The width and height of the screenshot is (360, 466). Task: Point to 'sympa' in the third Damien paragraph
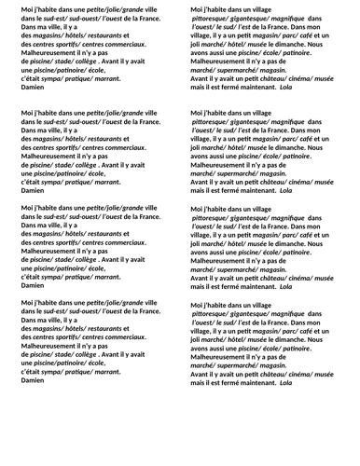(x=46, y=275)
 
